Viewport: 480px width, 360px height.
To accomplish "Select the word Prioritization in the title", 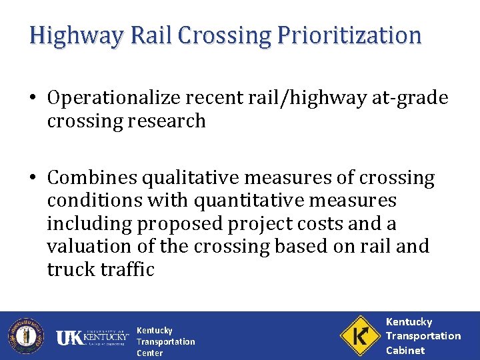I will pos(347,35).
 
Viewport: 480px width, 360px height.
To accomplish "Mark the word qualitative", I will pos(187,178).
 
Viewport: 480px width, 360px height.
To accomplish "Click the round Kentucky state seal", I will pos(25,335).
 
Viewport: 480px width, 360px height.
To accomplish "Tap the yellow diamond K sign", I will pos(359,335).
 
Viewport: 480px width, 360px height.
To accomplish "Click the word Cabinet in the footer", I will pos(405,350).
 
